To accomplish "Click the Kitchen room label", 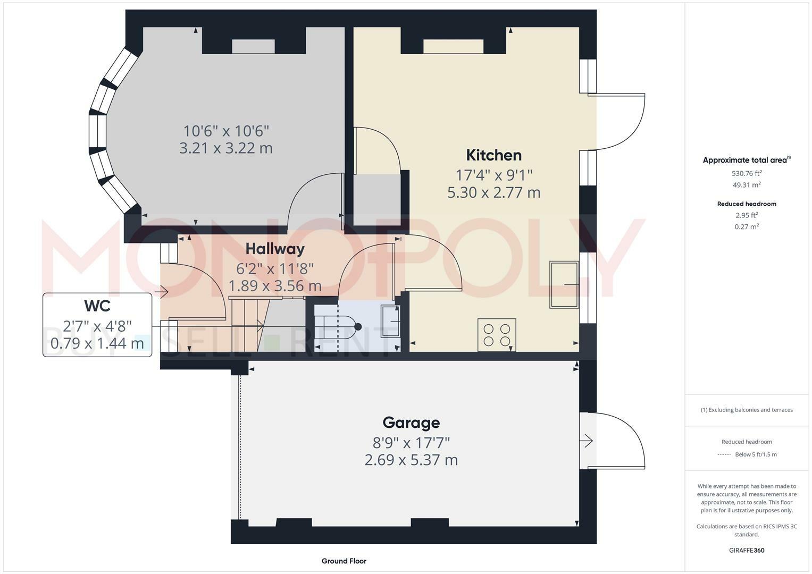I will pos(493,155).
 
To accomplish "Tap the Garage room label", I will pos(411,423).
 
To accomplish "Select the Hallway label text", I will pos(275,249).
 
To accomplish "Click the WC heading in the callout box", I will pos(97,306).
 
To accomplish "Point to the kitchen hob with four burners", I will pos(497,334).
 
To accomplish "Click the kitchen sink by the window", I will pos(564,284).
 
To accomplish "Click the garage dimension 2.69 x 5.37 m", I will pos(411,460).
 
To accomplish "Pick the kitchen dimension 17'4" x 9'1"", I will pos(493,174).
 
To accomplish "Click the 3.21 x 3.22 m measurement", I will pos(226,148).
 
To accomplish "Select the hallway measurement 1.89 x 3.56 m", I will pos(275,286).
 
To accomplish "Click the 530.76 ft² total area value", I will pos(747,173).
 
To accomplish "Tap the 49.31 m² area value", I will pos(747,185).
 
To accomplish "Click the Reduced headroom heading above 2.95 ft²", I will pos(747,204).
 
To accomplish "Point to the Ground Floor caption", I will pos(344,561).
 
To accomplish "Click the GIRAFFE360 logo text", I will pos(747,550).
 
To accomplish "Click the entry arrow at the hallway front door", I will pos(162,292).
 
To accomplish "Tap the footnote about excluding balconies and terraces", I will pos(747,410).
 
